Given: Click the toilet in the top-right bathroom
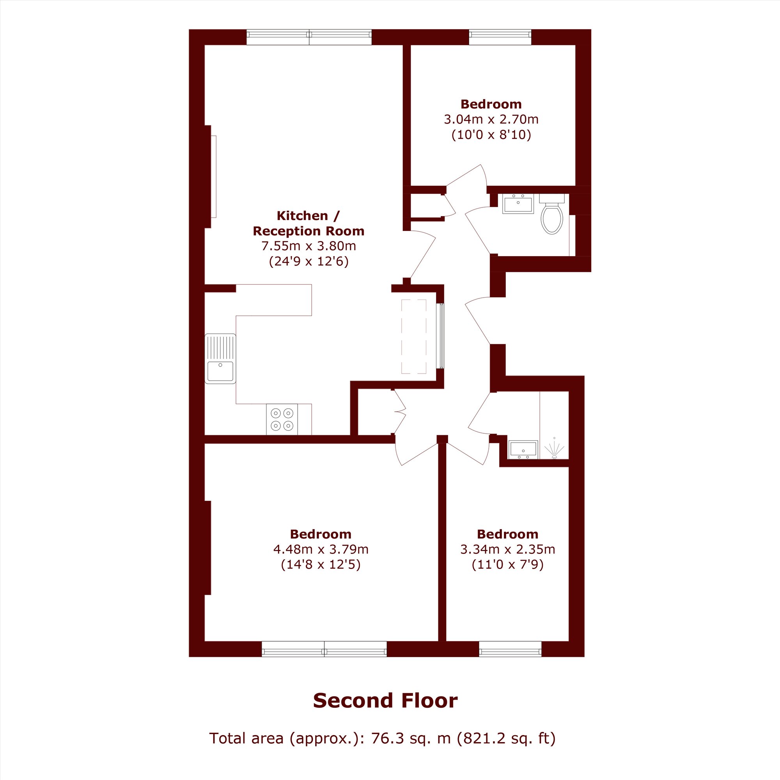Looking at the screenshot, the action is point(551,214).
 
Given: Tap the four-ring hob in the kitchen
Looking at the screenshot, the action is point(282,419).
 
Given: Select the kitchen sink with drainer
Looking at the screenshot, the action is point(220,358).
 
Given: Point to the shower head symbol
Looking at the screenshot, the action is point(554,449).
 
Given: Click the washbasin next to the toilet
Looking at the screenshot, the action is point(518,204).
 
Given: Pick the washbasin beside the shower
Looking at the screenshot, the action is point(523,450).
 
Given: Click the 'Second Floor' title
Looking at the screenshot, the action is point(385,700).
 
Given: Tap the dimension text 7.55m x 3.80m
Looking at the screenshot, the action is point(308,245).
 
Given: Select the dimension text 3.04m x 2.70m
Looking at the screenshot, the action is point(491,119).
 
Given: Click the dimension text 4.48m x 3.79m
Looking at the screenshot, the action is point(321,549).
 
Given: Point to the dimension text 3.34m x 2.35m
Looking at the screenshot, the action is point(507,549).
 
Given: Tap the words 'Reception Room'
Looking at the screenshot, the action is point(308,231).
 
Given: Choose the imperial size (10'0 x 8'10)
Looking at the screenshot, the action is point(491,135).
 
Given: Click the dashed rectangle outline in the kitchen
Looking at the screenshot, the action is point(414,336).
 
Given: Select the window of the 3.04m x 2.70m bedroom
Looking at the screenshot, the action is point(500,37).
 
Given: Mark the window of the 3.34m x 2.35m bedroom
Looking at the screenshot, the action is point(510,649).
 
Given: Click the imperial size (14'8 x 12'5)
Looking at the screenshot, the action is point(321,564).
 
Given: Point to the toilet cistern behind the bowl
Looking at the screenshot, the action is point(552,198).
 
